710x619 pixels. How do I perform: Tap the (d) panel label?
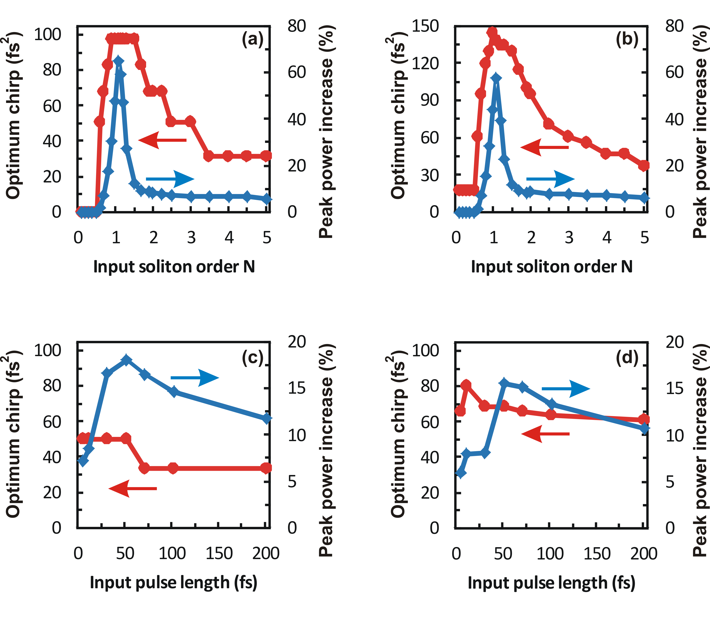pos(627,358)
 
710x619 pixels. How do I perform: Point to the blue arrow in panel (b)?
pos(550,179)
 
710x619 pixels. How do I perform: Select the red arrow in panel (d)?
pos(545,433)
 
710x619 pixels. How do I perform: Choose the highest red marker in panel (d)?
pos(466,385)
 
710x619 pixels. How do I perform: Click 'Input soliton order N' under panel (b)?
pos(552,267)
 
